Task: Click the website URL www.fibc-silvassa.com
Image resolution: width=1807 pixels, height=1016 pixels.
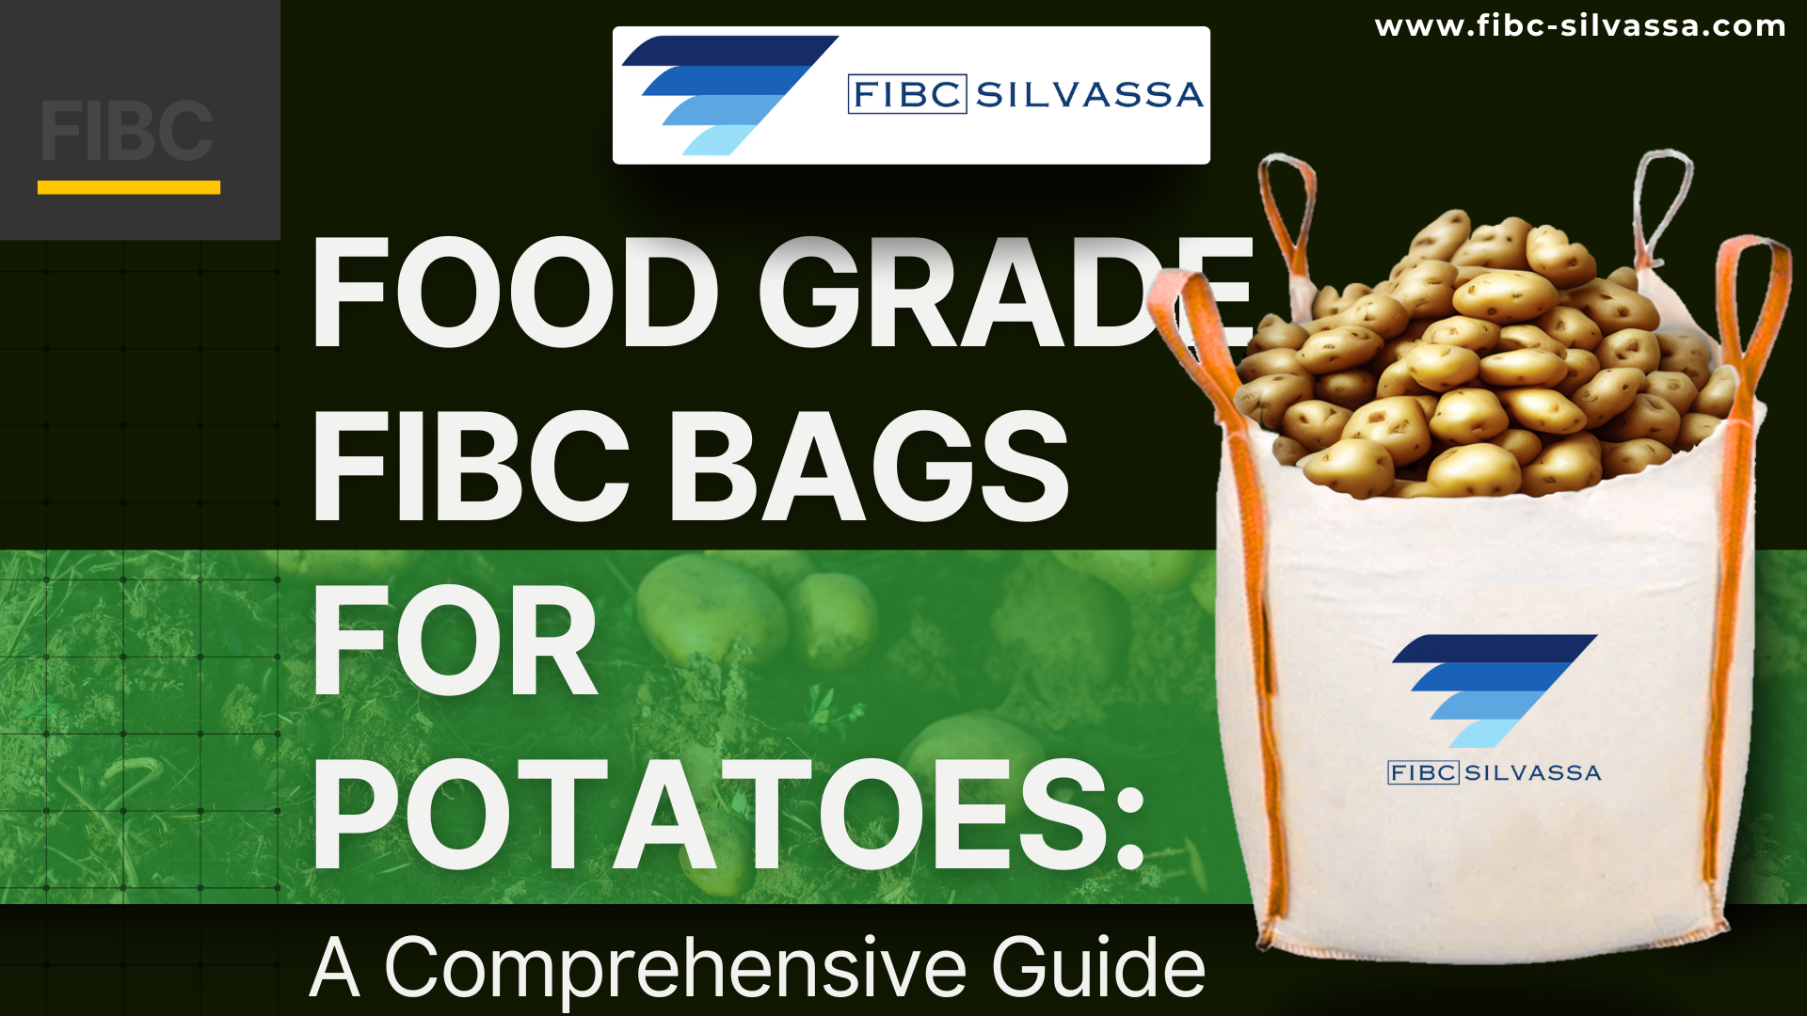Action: coord(1580,25)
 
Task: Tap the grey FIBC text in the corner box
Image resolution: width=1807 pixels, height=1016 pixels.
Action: coord(127,131)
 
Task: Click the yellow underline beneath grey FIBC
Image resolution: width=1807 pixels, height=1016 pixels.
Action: coord(129,187)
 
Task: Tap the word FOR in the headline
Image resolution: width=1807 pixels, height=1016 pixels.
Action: coord(456,641)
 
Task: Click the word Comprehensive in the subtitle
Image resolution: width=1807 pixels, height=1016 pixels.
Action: coord(675,969)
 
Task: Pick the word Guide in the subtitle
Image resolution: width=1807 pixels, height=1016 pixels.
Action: coord(1098,965)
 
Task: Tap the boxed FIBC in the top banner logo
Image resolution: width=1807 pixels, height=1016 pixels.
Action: coord(907,94)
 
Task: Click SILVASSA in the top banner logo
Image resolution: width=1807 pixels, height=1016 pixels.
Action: coord(1090,95)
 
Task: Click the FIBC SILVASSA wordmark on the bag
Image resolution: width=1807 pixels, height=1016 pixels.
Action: coord(1495,772)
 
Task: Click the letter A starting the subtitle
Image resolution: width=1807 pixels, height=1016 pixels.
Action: coord(335,968)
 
